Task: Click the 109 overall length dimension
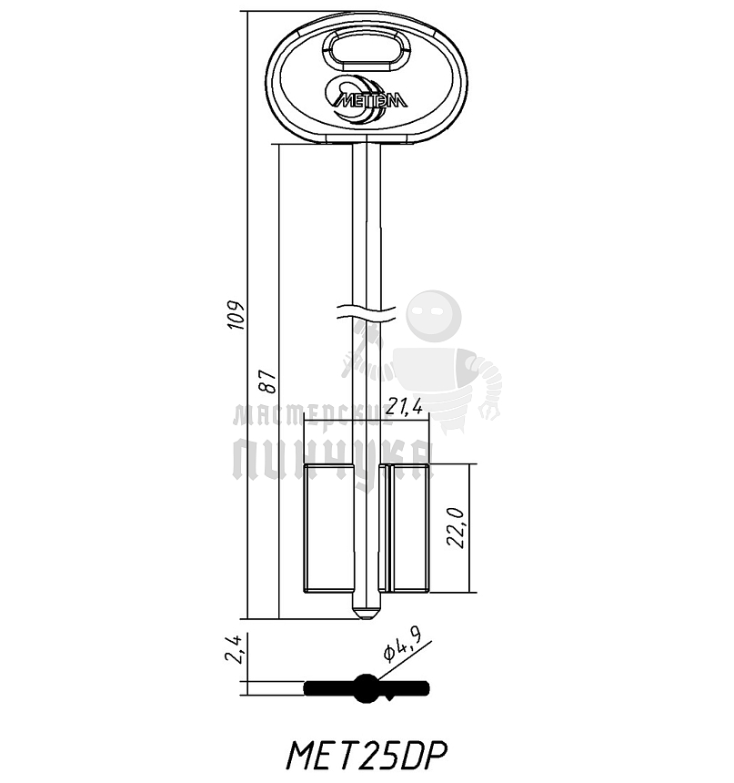pos(236,315)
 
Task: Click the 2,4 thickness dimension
pos(235,649)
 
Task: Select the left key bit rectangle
pos(327,528)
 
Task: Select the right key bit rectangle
pos(407,528)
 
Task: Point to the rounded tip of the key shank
pos(367,613)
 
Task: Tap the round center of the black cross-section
pos(367,687)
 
